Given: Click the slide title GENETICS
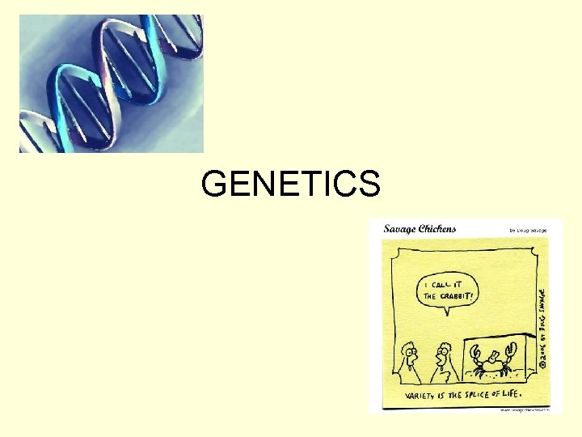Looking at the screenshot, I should [290, 185].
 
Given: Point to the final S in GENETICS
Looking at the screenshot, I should [368, 185].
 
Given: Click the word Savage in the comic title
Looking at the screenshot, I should [401, 228].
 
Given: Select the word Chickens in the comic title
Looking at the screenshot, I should [437, 228].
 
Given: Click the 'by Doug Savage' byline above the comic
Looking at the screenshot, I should [528, 231].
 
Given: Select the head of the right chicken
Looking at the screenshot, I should [442, 352].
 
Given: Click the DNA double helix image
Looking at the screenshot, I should [112, 83].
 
